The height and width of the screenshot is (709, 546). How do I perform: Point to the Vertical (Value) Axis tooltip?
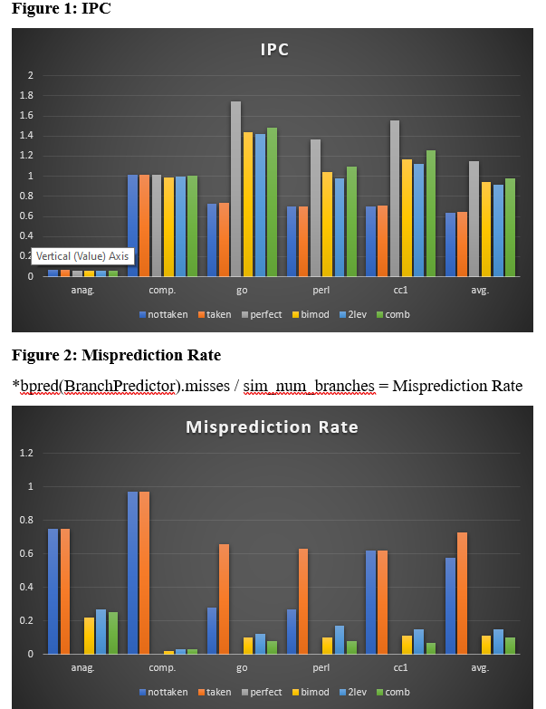click(x=83, y=256)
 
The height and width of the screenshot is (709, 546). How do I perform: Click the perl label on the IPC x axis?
click(x=321, y=291)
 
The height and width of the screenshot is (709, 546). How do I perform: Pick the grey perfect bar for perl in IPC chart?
click(x=315, y=207)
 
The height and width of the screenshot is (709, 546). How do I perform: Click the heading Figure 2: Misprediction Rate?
click(x=115, y=354)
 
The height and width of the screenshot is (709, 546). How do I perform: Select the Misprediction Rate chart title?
click(x=273, y=427)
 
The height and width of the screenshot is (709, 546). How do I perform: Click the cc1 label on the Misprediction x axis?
click(x=400, y=668)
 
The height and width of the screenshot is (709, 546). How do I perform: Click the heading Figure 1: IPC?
click(x=61, y=8)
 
